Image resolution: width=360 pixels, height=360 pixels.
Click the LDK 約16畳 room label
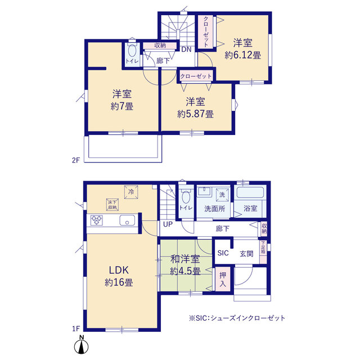119,276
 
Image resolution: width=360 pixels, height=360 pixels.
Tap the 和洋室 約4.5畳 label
185,265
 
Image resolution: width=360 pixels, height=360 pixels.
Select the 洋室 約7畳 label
122,100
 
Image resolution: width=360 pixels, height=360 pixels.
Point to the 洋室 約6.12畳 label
242,49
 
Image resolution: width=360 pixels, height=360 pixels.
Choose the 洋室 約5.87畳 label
195,107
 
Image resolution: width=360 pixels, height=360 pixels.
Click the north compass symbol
81,344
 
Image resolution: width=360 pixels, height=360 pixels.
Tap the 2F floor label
75,160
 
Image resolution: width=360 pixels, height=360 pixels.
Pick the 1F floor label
76,328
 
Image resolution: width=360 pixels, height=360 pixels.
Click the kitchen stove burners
97,220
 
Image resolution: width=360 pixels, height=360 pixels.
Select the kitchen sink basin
127,220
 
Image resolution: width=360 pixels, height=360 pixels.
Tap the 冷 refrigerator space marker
131,192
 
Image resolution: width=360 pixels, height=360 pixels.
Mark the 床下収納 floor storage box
112,205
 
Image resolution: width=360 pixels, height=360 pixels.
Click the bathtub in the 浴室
250,192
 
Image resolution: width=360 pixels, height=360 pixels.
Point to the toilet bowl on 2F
132,51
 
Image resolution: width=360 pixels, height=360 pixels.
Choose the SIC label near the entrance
223,253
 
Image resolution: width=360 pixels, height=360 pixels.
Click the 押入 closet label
223,280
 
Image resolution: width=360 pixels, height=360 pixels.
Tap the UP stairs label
168,224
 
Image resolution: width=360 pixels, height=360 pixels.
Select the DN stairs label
186,49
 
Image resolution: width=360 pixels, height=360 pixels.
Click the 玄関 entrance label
246,254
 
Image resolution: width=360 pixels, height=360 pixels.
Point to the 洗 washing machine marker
222,195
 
